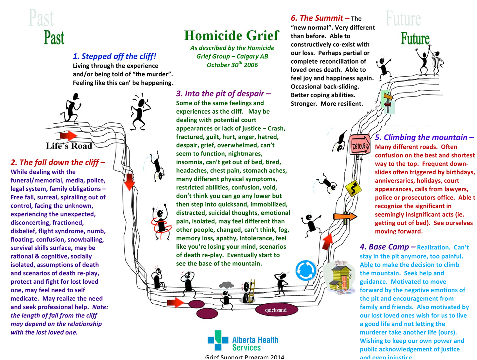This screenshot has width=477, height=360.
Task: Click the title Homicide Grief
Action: (232, 36)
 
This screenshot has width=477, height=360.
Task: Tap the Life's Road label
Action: (69, 146)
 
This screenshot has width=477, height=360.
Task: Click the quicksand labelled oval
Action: (276, 310)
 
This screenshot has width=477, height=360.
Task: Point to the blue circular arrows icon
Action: (306, 270)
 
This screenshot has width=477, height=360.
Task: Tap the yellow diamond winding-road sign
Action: (353, 188)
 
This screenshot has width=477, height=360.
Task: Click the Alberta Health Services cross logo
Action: (218, 340)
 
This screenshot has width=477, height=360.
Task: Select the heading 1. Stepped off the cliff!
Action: (114, 56)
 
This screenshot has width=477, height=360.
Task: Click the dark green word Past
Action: (54, 38)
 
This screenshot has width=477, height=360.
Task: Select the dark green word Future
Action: (415, 38)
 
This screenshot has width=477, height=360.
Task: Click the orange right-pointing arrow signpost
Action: (345, 217)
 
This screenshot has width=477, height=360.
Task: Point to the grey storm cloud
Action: (226, 285)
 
